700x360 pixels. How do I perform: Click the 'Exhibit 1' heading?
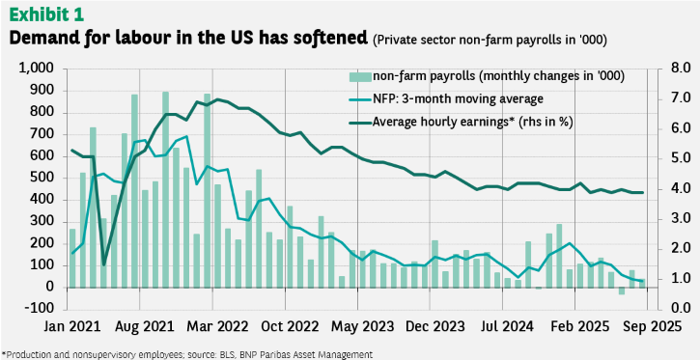click(x=46, y=14)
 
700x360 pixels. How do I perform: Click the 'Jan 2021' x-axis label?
click(x=71, y=326)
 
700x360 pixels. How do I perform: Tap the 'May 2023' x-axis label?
click(x=361, y=326)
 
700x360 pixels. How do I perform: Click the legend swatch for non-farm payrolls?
click(x=360, y=77)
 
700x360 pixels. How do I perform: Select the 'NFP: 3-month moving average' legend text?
click(x=458, y=98)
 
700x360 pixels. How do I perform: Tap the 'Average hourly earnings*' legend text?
click(x=440, y=122)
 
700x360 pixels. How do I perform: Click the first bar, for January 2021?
click(x=72, y=259)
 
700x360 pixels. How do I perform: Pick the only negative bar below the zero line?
click(x=622, y=291)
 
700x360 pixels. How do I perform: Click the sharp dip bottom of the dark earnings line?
click(x=103, y=264)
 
